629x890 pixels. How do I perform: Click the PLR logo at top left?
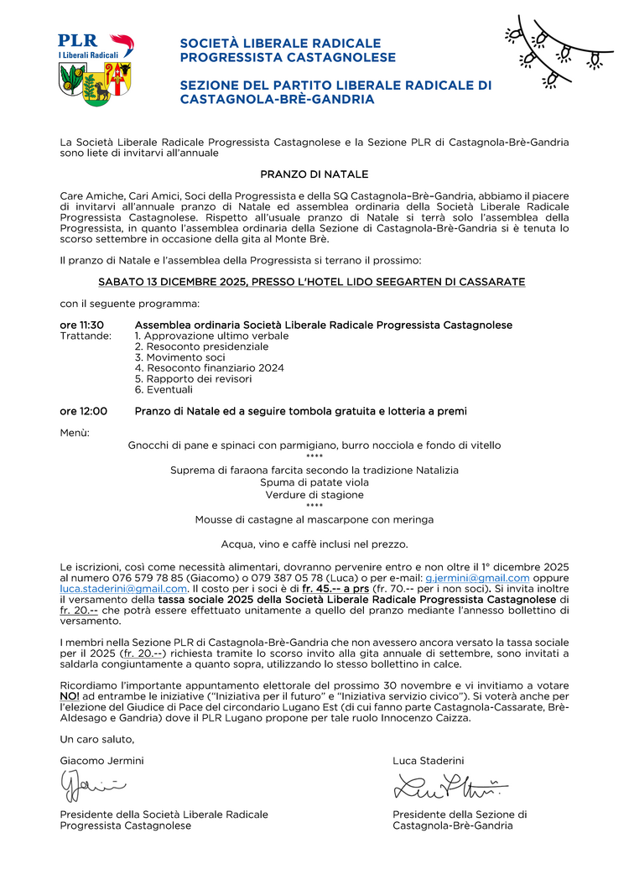click(95, 69)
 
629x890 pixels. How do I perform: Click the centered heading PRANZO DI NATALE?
click(314, 174)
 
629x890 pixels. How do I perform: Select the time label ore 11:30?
click(81, 325)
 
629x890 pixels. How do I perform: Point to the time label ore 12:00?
click(83, 411)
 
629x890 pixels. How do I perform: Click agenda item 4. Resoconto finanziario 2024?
click(209, 368)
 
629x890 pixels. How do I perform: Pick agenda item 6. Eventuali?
click(164, 390)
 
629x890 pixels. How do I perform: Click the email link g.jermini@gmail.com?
click(477, 578)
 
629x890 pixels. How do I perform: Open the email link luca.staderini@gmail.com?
click(123, 589)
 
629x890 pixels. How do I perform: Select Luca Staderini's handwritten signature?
click(450, 787)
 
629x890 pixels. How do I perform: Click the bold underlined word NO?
click(70, 696)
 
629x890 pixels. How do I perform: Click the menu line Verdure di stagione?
click(314, 495)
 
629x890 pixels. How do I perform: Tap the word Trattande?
click(86, 336)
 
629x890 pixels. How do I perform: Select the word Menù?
click(75, 432)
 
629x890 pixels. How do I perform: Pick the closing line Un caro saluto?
click(96, 739)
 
